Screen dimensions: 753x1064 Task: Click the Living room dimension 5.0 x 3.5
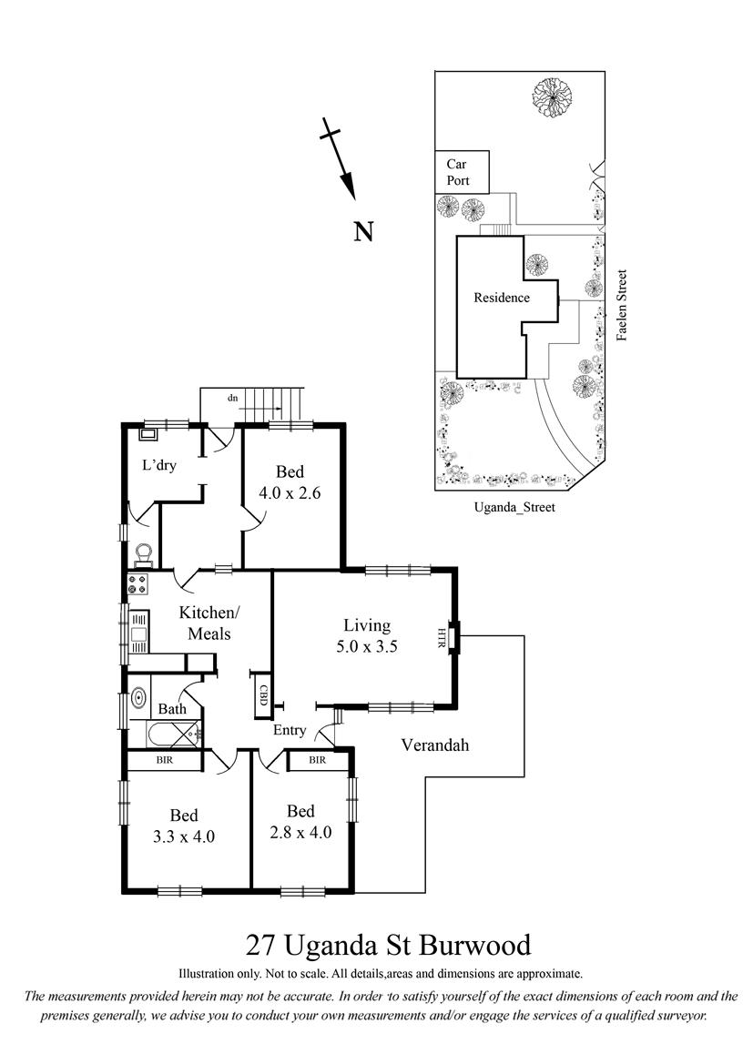point(367,646)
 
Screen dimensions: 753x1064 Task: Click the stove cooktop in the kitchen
point(137,584)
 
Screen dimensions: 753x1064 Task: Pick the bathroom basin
point(138,697)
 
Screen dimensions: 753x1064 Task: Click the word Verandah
point(434,745)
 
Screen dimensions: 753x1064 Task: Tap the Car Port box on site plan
point(462,172)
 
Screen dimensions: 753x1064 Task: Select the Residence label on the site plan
point(502,298)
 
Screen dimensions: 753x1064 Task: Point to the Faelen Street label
point(621,305)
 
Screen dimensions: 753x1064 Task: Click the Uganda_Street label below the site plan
point(514,507)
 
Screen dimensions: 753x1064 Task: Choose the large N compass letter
point(364,232)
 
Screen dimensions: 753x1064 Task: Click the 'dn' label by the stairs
point(233,398)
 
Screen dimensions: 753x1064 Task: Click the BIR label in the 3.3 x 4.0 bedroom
point(164,760)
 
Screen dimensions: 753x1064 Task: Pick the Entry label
point(290,730)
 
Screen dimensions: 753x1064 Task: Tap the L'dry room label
point(158,465)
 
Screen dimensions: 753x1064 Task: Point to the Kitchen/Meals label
point(209,623)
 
